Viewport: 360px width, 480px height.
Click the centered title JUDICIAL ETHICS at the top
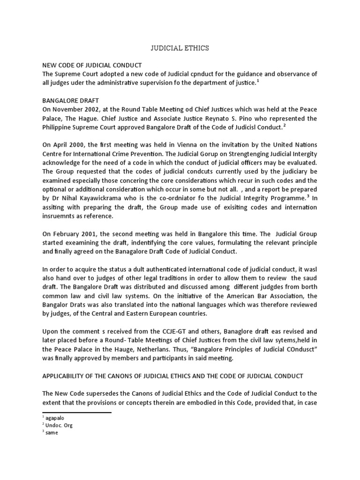pyautogui.click(x=180, y=48)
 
